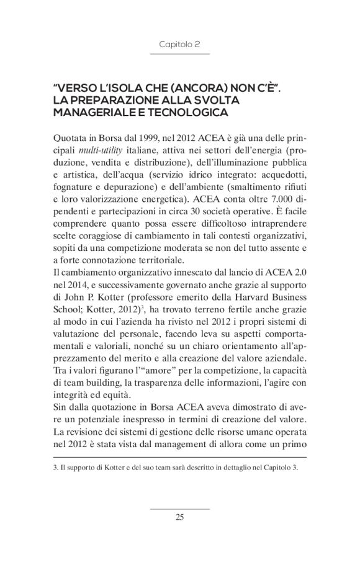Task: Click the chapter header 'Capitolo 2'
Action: pos(179,45)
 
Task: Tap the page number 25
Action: pos(179,518)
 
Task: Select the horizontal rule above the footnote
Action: pos(179,457)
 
